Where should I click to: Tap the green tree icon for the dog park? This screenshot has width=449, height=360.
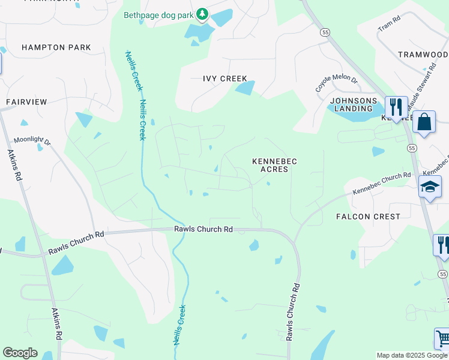(203, 14)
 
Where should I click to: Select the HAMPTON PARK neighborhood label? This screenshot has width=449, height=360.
(56, 47)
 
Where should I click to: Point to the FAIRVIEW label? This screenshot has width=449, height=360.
(26, 102)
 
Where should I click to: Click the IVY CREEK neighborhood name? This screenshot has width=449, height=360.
(225, 79)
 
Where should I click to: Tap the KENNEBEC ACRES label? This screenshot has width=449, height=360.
(275, 165)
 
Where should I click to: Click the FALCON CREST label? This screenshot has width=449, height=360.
(368, 216)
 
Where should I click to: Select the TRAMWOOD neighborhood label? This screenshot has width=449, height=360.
(423, 54)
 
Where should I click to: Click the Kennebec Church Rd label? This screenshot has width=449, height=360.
(382, 183)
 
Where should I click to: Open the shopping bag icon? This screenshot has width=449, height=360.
(424, 122)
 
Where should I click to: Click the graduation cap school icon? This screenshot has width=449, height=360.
(430, 188)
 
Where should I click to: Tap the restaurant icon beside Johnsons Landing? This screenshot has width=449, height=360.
(396, 107)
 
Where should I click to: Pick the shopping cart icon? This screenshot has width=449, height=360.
(443, 339)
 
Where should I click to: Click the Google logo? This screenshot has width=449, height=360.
(20, 353)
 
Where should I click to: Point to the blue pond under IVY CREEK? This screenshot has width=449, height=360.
(245, 89)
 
